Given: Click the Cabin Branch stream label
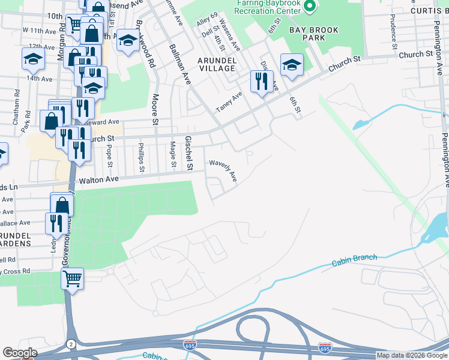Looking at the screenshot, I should coord(354,260).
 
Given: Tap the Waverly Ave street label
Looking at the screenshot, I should coord(223,170).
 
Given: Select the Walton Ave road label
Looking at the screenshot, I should coord(98,179).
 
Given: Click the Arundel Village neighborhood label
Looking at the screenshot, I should coord(217,64).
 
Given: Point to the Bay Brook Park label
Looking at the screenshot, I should coord(313,34).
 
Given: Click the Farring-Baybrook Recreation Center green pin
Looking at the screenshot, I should coord(310,7).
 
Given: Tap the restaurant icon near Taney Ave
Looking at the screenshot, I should coord(262,81).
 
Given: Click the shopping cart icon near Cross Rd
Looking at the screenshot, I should coord(73,278).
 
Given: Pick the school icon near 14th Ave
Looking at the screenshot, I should coord(33,58).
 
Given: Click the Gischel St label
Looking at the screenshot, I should coord(188,152).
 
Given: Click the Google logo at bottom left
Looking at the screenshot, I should coord(20,352).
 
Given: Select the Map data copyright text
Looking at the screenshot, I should coord(412,355).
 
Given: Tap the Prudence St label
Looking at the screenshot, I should coord(393,32).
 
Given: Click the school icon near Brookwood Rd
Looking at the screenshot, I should coord(127,40).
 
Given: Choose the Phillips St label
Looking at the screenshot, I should coord(142,157).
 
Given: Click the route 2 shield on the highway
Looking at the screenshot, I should coord(72,343).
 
